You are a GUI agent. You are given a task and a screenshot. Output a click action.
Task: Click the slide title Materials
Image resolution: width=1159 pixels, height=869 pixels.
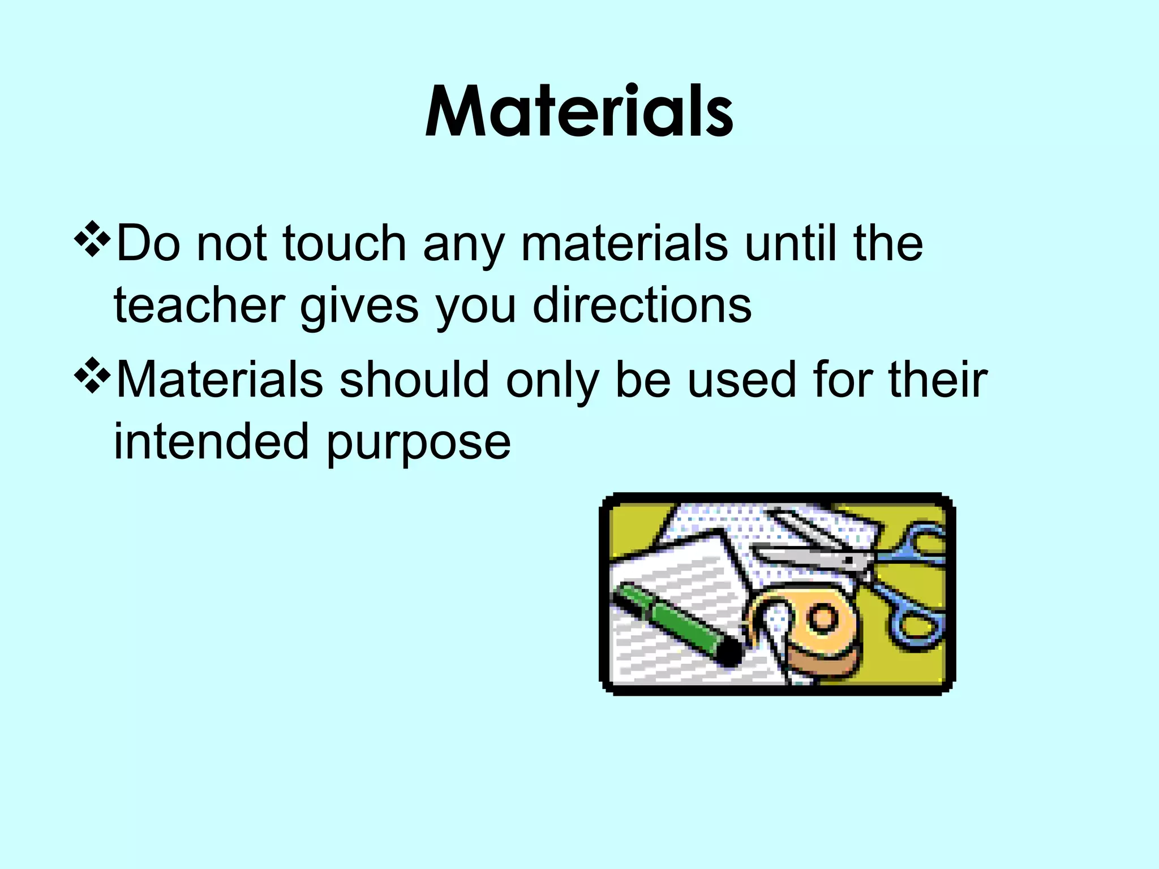pyautogui.click(x=579, y=111)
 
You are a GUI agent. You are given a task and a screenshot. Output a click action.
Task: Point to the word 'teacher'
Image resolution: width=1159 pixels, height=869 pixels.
pyautogui.click(x=199, y=306)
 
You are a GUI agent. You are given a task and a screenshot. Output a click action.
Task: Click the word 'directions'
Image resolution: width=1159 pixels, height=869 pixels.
pyautogui.click(x=642, y=306)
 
